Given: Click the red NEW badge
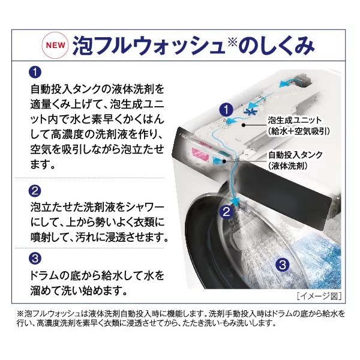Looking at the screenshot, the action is [55, 45].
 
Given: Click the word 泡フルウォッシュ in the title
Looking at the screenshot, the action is [149, 45].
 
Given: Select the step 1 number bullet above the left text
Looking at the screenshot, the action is [35, 73].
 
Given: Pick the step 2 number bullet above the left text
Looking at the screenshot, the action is [35, 191].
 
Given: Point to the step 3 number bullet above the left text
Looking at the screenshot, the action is [35, 259].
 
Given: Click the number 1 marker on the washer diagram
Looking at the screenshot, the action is [226, 110].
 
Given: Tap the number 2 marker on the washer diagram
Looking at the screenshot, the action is [226, 212].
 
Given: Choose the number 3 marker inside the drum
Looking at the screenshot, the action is [283, 265].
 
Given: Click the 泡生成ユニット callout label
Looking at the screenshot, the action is [295, 121].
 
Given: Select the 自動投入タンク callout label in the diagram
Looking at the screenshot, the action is [296, 155].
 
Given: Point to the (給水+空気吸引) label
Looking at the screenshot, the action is [299, 131].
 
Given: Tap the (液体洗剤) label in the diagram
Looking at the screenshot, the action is [288, 166].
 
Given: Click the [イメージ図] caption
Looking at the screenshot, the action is [319, 296].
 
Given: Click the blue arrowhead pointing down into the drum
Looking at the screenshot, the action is [235, 202].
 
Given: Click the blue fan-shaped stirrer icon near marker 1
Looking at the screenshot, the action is [250, 112].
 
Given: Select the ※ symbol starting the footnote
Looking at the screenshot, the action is [20, 314].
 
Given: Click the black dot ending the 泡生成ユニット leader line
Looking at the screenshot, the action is [244, 125].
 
